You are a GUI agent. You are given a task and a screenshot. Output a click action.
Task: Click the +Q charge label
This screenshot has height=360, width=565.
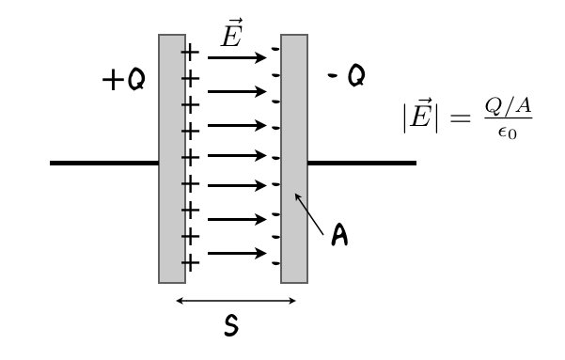click(123, 81)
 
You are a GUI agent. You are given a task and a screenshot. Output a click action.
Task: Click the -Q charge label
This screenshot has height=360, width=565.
click(347, 75)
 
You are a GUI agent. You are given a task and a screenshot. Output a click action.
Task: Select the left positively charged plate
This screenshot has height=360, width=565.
click(171, 158)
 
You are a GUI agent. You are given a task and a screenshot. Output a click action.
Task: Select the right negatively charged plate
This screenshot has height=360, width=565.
click(294, 158)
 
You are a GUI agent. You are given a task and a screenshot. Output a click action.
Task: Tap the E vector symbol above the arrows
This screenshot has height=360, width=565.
click(230, 35)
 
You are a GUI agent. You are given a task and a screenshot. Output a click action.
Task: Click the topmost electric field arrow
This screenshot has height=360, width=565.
click(237, 58)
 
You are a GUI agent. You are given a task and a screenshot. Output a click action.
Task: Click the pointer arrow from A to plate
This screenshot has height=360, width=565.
click(309, 213)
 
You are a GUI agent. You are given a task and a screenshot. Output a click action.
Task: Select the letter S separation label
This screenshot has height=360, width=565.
click(231, 326)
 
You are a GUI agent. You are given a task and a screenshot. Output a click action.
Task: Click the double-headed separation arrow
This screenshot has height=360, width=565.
click(236, 301)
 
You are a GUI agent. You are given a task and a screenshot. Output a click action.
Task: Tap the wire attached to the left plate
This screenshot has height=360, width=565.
click(104, 164)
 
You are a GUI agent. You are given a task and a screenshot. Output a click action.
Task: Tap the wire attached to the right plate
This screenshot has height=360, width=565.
click(362, 164)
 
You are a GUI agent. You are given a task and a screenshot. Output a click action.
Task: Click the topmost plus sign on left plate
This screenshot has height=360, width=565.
click(190, 52)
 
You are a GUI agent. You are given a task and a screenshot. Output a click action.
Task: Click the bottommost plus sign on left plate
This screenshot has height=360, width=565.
click(190, 262)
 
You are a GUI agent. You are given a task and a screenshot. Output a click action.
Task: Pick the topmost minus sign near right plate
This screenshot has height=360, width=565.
click(275, 48)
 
